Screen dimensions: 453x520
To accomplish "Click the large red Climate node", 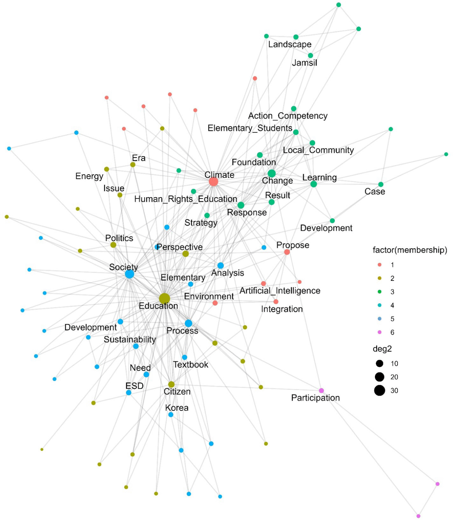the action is pos(213,182).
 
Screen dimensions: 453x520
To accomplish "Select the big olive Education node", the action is pos(164,299).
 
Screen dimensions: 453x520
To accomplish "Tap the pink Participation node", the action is pos(321,391).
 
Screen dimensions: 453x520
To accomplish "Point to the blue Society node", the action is pos(129,274).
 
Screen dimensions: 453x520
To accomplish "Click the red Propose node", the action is pos(287,252).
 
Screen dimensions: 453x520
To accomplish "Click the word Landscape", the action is pos(290,44).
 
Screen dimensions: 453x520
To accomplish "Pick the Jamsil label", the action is pos(305,63).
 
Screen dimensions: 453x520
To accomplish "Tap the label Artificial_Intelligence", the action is pos(280,291).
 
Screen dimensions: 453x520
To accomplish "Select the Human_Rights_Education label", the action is pos(186,199).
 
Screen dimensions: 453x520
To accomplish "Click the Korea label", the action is pos(177,408).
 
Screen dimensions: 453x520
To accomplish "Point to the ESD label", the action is pos(134,386).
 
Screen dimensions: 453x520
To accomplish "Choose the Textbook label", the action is pos(191,365).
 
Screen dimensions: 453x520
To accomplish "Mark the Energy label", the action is pos(89,177).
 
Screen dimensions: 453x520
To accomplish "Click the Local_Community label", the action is pos(318,150).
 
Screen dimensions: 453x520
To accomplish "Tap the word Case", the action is pos(375,192).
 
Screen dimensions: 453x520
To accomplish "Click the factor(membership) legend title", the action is pos(410,250).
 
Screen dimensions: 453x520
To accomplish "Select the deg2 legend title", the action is pos(382,349).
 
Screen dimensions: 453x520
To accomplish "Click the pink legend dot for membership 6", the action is pos(380,332).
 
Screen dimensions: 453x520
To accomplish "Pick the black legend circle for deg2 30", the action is pos(380,390).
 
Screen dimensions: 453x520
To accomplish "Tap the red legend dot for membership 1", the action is pos(380,265).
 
